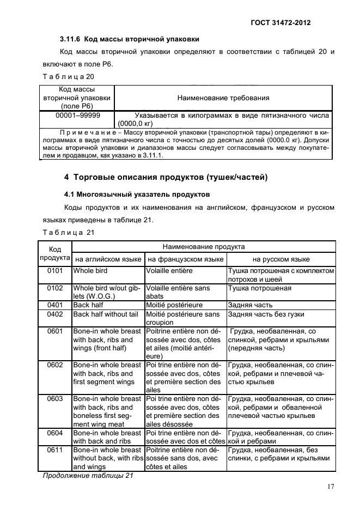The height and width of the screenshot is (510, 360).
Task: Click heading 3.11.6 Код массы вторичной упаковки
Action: pos(129,39)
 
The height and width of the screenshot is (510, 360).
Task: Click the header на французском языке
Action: pos(185,259)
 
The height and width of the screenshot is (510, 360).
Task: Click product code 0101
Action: pos(55,271)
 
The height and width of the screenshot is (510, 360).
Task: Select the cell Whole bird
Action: pos(90,271)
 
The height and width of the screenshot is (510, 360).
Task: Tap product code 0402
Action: pos(55,314)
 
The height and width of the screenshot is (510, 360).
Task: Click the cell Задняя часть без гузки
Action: pos(266,314)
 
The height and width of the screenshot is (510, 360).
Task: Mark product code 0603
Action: pos(55,399)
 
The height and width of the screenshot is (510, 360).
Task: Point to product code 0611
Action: pos(55,450)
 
